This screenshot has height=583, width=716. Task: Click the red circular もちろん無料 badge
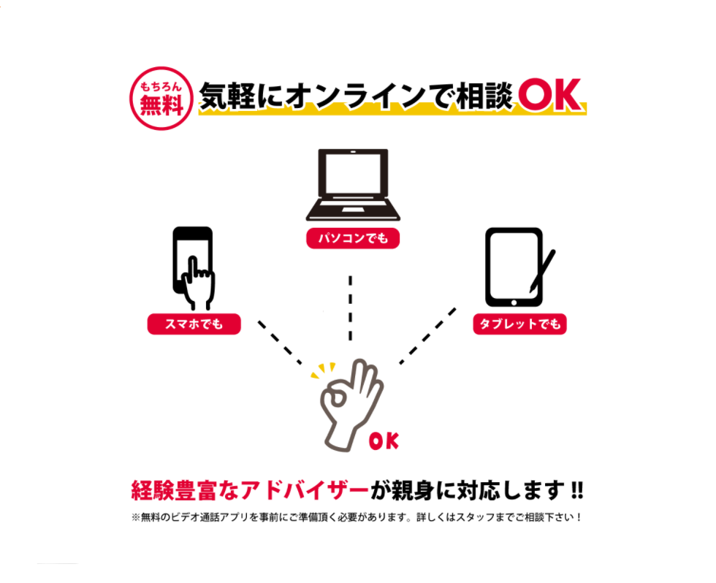[x=161, y=98]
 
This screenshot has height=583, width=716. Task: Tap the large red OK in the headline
[x=549, y=95]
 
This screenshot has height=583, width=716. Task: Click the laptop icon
[x=353, y=185]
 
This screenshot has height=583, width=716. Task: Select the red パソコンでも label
[x=353, y=238]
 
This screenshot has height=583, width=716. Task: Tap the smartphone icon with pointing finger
[x=194, y=268]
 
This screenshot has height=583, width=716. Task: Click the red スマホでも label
[x=194, y=324]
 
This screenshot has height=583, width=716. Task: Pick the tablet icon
[x=514, y=267]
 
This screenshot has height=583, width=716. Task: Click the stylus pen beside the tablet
[x=542, y=271]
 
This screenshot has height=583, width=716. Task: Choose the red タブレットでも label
[x=519, y=324]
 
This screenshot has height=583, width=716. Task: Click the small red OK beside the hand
[x=384, y=441]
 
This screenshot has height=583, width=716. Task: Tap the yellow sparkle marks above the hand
[x=323, y=370]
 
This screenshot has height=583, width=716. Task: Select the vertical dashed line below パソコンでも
[x=350, y=308]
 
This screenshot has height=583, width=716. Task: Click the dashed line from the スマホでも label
[x=280, y=343]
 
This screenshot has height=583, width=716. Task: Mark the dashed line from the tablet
[x=428, y=336]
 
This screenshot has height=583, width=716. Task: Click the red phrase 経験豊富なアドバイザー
[x=250, y=491]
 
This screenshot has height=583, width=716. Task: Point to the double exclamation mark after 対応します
[x=577, y=490]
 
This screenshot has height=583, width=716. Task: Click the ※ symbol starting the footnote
[x=136, y=517]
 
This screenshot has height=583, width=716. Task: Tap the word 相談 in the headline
[x=485, y=96]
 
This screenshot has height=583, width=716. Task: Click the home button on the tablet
[x=514, y=302]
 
